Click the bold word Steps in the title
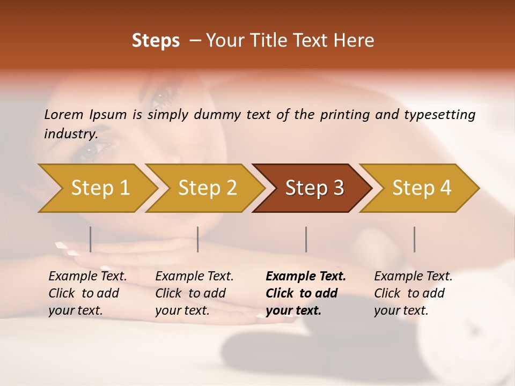[156, 41]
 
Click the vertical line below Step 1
[91, 239]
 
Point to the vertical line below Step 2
[198, 239]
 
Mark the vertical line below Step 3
[306, 239]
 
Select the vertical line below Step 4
[415, 239]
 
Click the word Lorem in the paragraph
[64, 115]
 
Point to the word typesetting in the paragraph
[439, 115]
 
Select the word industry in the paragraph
[70, 134]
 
